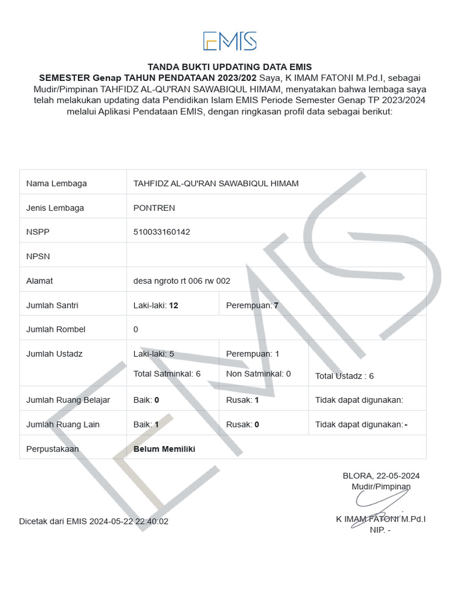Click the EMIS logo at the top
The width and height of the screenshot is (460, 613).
(x=230, y=41)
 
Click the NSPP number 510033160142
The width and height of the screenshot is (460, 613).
(x=162, y=232)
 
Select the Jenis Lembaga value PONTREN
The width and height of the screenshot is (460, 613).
(x=154, y=208)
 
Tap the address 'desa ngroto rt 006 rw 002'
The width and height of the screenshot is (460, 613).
(x=181, y=281)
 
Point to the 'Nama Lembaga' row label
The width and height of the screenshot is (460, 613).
(x=56, y=183)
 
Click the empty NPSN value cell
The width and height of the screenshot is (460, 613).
(x=276, y=256)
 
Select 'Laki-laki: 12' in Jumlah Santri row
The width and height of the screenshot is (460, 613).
(x=156, y=305)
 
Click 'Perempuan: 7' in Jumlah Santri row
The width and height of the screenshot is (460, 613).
(x=252, y=305)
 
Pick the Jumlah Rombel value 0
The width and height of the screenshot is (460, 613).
(x=136, y=329)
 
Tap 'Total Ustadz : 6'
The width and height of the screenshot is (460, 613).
(x=344, y=376)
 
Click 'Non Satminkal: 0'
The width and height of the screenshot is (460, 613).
(x=258, y=374)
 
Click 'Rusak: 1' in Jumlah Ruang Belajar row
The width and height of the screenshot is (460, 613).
(x=243, y=400)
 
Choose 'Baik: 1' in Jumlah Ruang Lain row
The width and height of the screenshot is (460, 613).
(x=146, y=424)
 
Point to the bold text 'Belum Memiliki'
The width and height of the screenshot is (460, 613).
(x=164, y=448)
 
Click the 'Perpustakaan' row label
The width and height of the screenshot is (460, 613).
(x=53, y=448)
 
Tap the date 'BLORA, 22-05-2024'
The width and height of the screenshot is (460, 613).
(x=381, y=476)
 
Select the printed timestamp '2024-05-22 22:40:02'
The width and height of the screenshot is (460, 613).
(x=129, y=521)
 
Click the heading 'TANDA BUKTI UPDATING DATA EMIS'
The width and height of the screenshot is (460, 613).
(x=230, y=67)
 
